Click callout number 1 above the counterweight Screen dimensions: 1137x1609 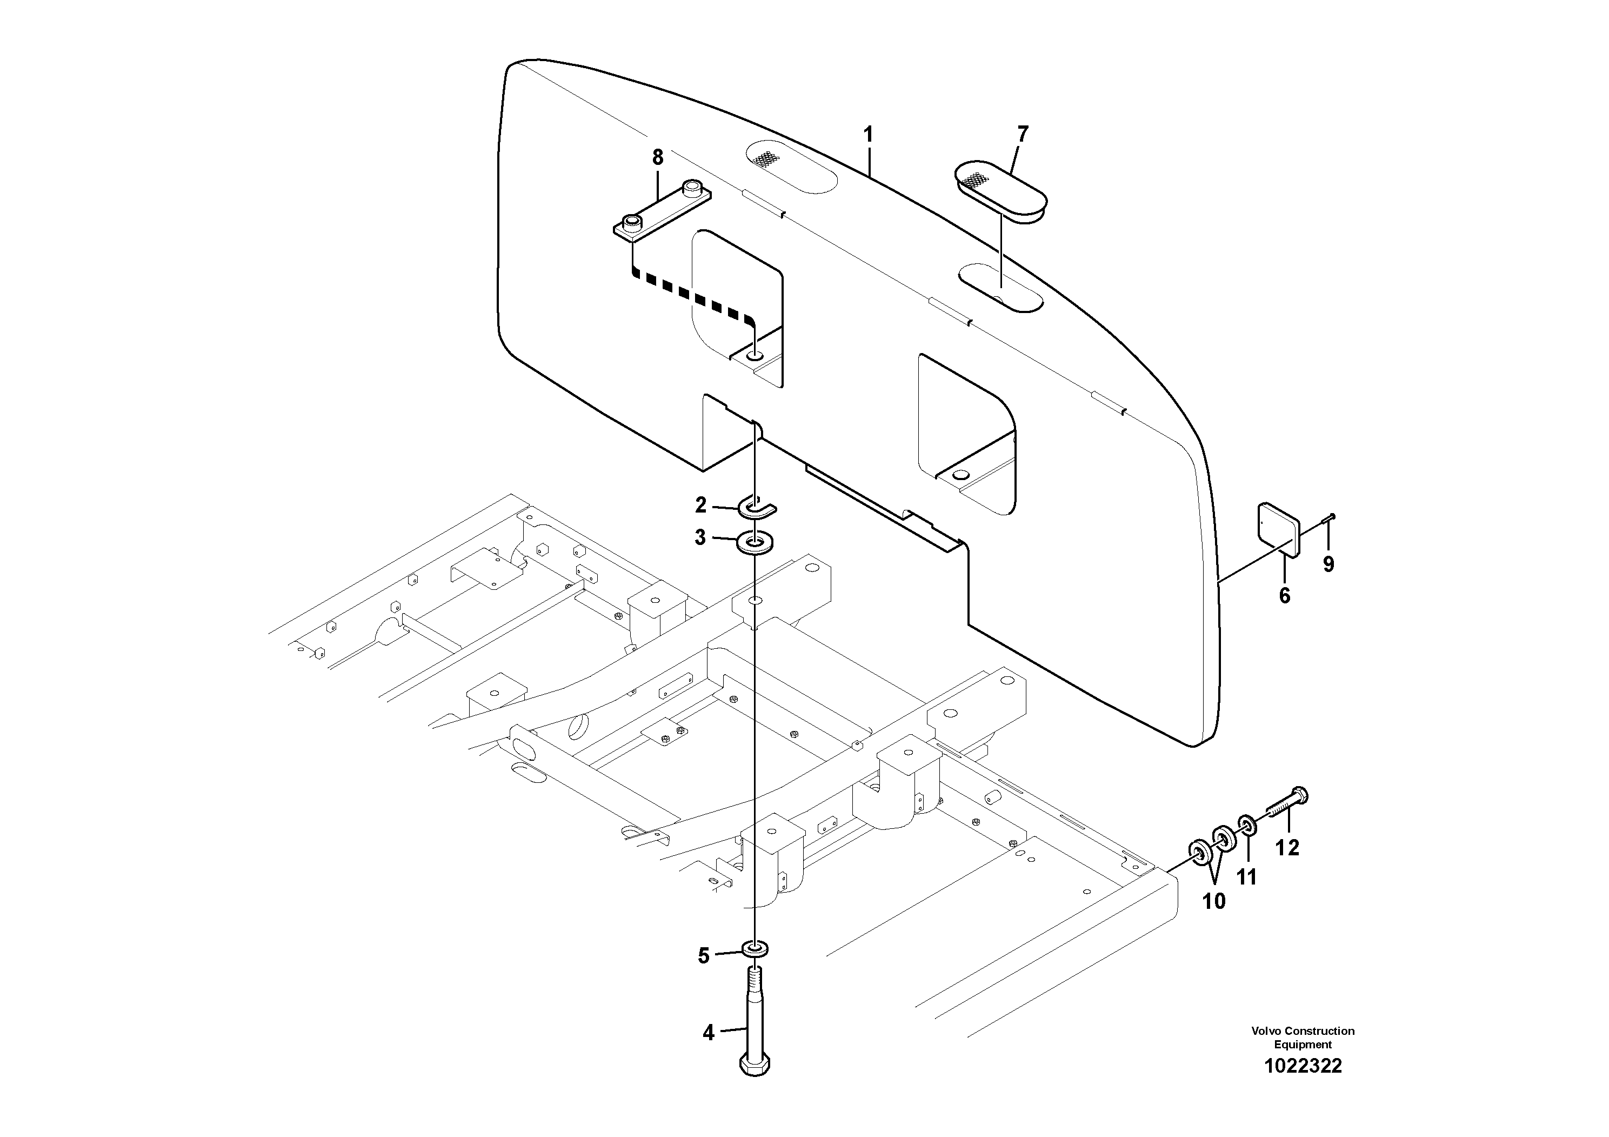(x=868, y=134)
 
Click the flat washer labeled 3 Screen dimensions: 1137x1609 (x=756, y=543)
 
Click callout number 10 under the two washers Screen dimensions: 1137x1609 (x=1214, y=901)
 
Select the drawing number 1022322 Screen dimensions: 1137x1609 (x=1303, y=1066)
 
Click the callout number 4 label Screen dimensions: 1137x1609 (x=709, y=1033)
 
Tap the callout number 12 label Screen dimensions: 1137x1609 (x=1287, y=848)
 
